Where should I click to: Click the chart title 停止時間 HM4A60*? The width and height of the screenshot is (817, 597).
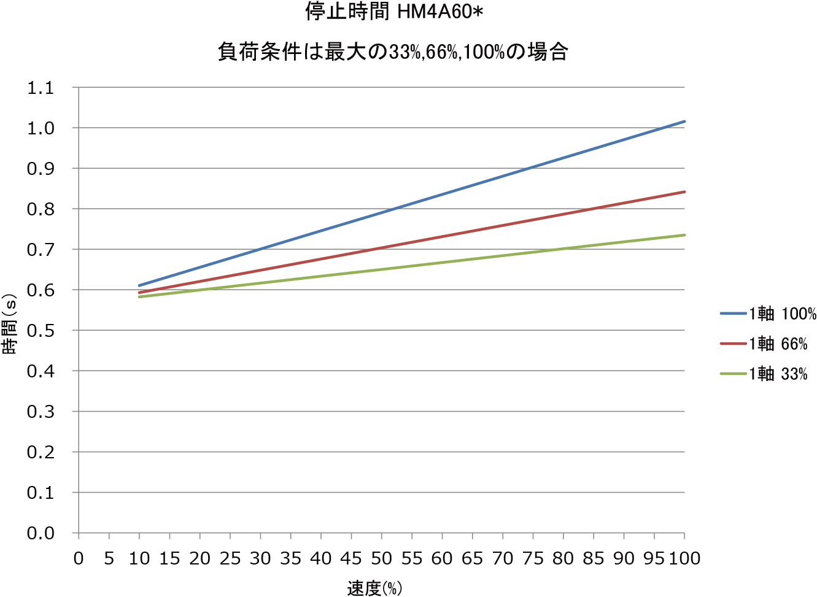[395, 12]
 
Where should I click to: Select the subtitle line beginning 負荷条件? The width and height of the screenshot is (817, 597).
[393, 52]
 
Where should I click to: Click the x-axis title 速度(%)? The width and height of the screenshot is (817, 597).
[374, 588]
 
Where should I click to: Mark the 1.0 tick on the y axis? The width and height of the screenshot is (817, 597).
[41, 128]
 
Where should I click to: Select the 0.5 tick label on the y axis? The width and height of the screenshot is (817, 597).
[41, 331]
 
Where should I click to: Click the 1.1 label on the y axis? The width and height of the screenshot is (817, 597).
[41, 88]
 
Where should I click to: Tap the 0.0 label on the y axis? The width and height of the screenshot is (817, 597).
[41, 533]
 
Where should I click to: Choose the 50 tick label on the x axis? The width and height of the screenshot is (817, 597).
[381, 558]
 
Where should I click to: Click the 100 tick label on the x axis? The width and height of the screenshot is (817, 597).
[684, 558]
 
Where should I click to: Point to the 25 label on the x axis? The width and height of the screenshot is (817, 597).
[230, 558]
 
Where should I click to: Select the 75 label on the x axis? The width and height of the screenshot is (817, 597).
[533, 558]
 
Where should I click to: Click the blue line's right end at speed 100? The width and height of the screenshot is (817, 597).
[684, 121]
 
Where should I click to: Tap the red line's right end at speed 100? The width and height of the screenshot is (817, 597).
[684, 192]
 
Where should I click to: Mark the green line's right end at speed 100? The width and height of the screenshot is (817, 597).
[684, 235]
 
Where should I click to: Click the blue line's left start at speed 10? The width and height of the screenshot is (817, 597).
[140, 285]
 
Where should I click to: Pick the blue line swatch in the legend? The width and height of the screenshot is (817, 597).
[733, 314]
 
